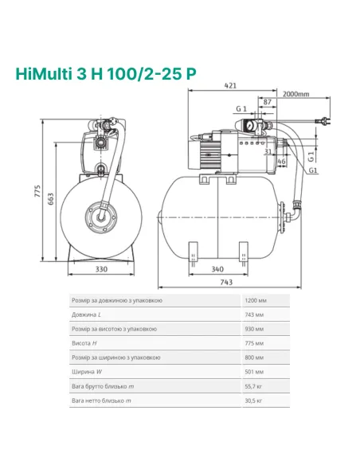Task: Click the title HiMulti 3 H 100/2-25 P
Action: click(x=105, y=73)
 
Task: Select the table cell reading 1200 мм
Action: click(x=256, y=300)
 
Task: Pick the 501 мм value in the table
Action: click(x=254, y=372)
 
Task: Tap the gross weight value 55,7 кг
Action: click(x=254, y=386)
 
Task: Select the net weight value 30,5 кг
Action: click(x=254, y=401)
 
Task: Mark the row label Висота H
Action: click(x=84, y=343)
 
